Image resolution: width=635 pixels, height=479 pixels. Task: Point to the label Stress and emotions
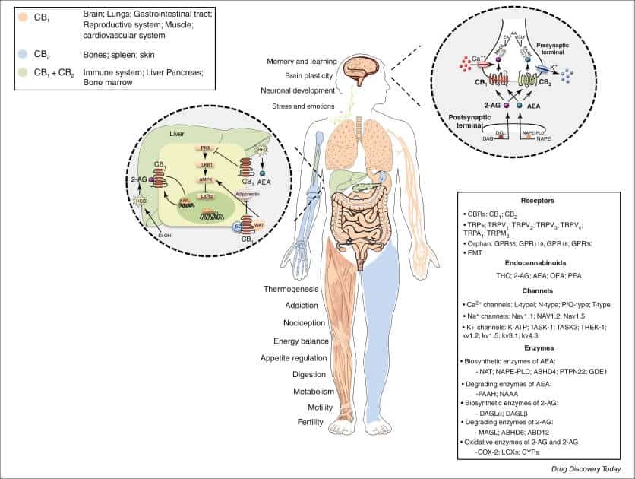[x=302, y=106]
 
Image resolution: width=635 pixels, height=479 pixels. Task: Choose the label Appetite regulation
[x=294, y=357]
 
